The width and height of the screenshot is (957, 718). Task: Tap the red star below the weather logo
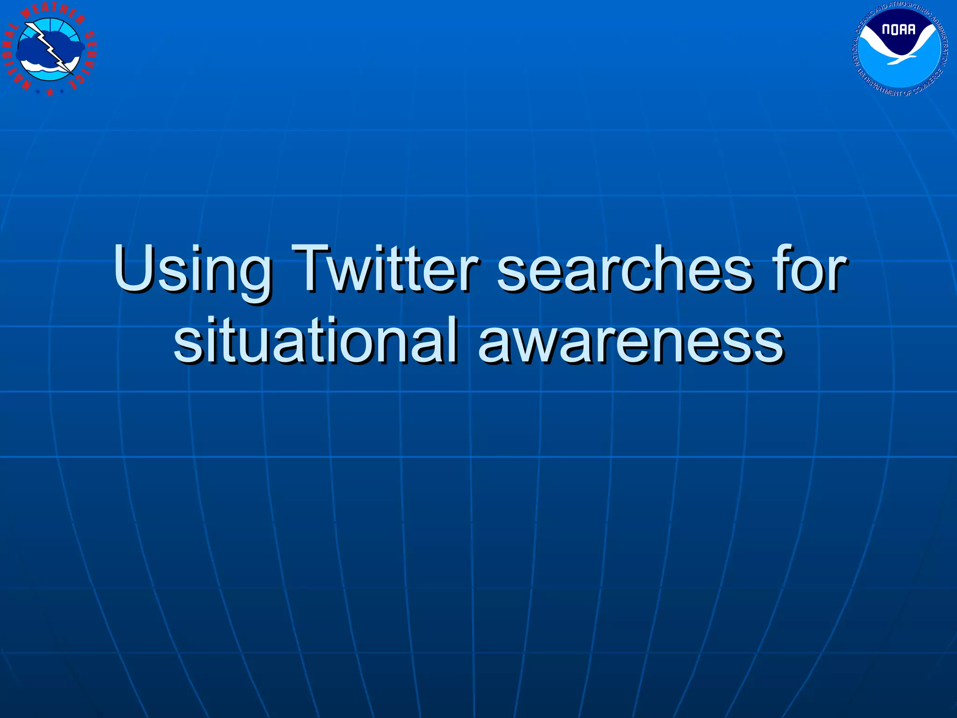pyautogui.click(x=50, y=93)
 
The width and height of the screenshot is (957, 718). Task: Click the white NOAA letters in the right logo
pyautogui.click(x=899, y=30)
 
